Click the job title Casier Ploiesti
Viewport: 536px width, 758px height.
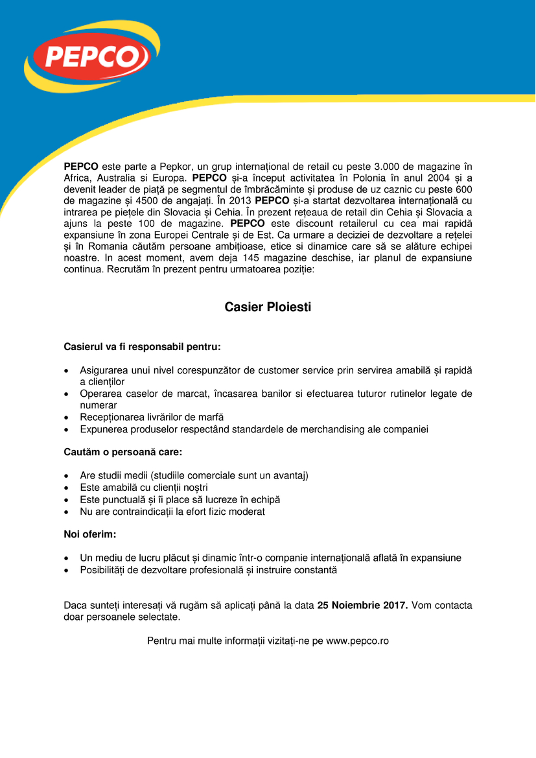coord(268,307)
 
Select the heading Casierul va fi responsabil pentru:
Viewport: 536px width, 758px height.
coord(142,347)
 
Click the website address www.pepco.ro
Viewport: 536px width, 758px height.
coord(357,641)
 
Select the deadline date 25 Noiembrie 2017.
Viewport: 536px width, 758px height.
coord(362,606)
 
